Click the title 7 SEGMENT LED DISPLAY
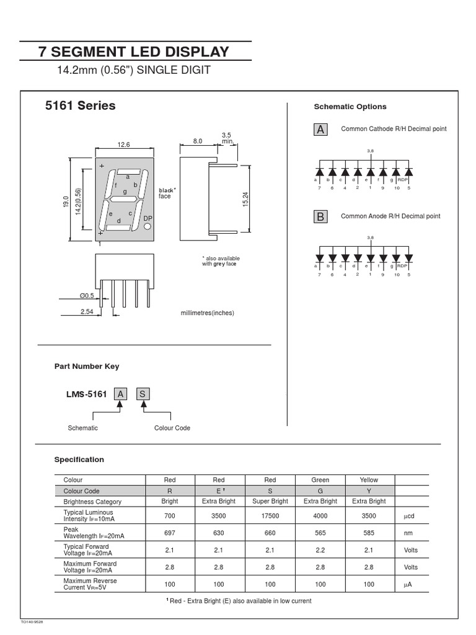point(134,51)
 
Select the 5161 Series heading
point(80,106)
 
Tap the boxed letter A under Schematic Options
point(320,129)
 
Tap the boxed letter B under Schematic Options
point(320,216)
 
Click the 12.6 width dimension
point(124,145)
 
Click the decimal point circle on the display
point(148,228)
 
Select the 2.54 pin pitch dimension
point(87,312)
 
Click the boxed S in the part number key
point(143,394)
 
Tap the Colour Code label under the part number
point(172,428)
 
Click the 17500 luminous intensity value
point(270,515)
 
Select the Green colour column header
point(320,480)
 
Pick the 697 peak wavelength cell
point(170,533)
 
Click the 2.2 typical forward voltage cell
point(320,549)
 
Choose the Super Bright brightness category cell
point(270,501)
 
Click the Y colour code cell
point(369,491)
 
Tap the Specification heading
point(79,460)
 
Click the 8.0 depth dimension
point(198,141)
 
